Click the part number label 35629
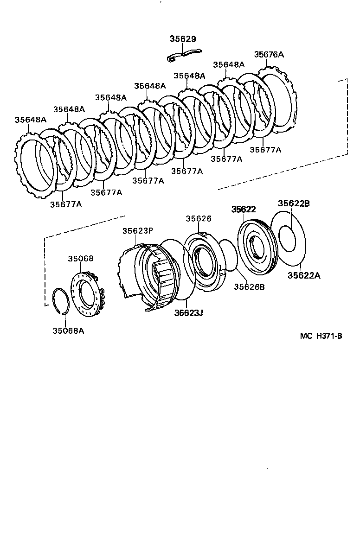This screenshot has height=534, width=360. [183, 39]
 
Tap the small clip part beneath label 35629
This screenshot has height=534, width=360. [182, 54]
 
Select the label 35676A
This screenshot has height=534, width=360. [269, 54]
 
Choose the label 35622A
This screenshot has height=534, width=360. [303, 275]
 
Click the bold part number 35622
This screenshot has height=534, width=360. [244, 209]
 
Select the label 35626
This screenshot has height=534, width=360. [199, 218]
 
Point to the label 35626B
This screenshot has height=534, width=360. [249, 287]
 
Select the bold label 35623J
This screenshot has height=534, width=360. [189, 313]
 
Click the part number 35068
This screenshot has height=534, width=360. [81, 259]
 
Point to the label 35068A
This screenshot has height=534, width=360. [68, 331]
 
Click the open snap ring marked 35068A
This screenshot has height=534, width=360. [60, 301]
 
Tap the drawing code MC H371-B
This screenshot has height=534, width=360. [321, 336]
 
